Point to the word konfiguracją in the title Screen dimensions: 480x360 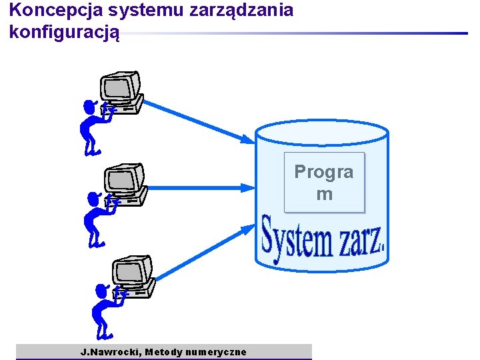[65, 31]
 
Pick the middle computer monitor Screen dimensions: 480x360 [125, 179]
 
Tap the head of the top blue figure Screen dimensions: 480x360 [89, 106]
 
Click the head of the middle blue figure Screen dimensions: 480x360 [93, 199]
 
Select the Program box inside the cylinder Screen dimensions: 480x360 [324, 183]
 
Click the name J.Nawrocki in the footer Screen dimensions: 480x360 [111, 352]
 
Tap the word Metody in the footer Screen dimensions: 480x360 [164, 352]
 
